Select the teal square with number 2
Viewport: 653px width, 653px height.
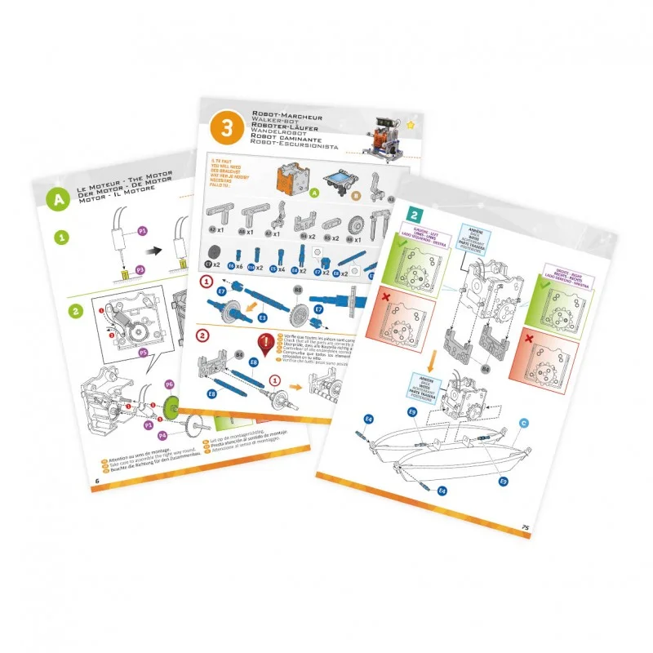[x=415, y=216]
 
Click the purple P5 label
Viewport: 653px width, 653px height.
[x=143, y=353]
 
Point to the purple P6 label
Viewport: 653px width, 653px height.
[x=170, y=384]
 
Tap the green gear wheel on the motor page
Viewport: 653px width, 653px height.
[x=171, y=406]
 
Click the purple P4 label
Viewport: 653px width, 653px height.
[x=162, y=436]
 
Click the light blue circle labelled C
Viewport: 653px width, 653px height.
[x=524, y=422]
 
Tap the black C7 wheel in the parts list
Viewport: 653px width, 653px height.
[x=210, y=265]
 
